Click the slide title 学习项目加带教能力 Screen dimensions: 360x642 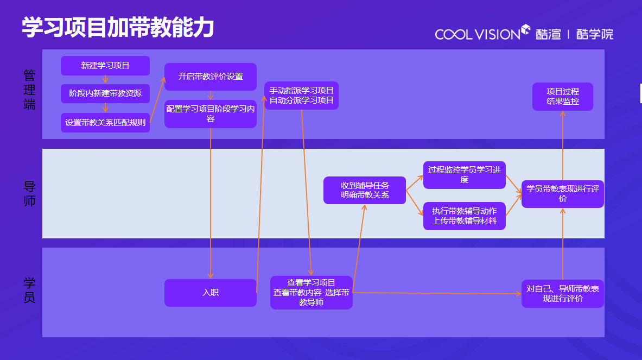tap(117, 27)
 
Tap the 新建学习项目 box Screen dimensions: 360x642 tap(105, 66)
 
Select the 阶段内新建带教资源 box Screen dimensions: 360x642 tap(105, 93)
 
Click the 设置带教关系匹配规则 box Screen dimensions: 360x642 tap(105, 122)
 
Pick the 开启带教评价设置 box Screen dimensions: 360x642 tap(211, 77)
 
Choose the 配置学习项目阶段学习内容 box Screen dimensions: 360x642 tap(211, 113)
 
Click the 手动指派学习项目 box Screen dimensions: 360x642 tap(302, 96)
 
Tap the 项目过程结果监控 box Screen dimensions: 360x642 tap(562, 97)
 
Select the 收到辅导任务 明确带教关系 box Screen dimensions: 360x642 tap(365, 190)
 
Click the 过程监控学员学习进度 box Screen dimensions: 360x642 tap(465, 175)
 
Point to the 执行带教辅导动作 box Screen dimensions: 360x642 tap(465, 216)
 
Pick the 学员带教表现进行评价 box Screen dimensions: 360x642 tap(562, 194)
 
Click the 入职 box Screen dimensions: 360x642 tap(211, 293)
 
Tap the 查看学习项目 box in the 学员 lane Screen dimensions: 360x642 tap(312, 293)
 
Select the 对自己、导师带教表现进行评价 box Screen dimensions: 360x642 tap(562, 294)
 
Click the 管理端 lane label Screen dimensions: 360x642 tap(29, 90)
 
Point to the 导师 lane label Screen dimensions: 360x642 tap(29, 194)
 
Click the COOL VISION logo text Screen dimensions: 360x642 tap(478, 34)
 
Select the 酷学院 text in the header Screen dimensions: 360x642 tap(595, 34)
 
